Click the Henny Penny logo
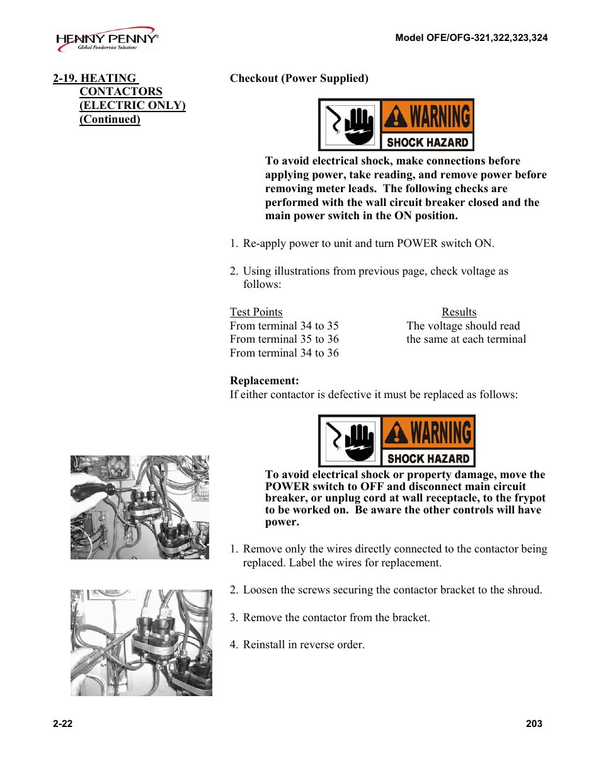tap(106, 39)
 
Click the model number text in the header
tap(471, 38)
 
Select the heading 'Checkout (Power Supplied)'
tap(299, 78)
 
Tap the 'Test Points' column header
tap(256, 312)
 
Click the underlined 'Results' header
tap(459, 312)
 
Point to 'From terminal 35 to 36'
tap(284, 339)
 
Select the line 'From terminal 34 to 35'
tap(284, 326)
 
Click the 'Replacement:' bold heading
tap(264, 380)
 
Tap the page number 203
tap(534, 724)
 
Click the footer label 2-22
tap(62, 724)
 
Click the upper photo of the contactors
tap(139, 507)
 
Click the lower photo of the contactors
tap(141, 643)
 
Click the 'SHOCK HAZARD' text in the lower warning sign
tap(428, 459)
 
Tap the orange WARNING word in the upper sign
tap(440, 117)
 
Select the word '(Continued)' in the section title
tap(110, 119)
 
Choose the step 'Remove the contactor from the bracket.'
tap(336, 617)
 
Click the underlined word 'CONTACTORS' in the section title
tap(120, 92)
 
